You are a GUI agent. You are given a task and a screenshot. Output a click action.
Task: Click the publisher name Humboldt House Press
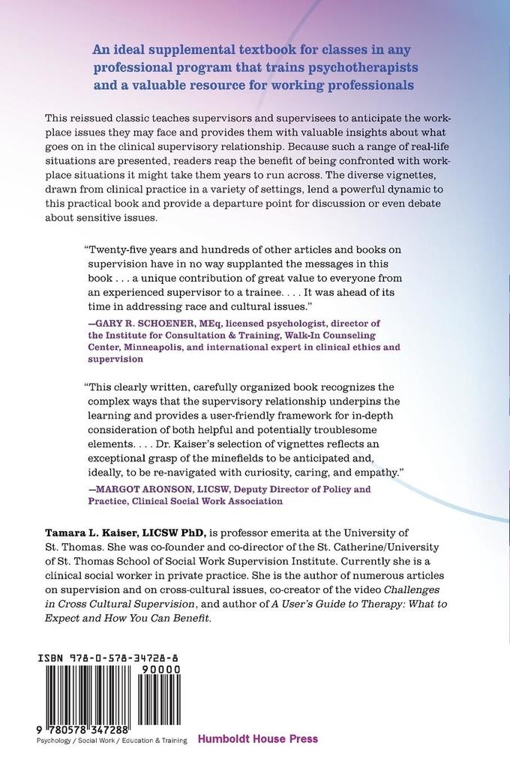click(258, 739)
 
